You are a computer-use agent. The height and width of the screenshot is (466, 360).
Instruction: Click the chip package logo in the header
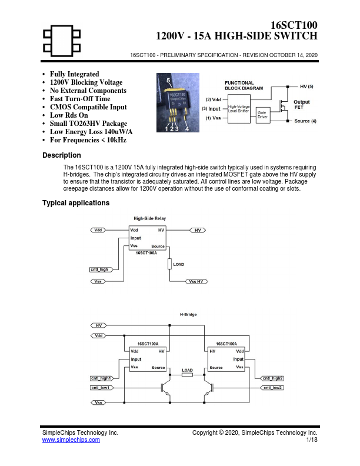pyautogui.click(x=62, y=41)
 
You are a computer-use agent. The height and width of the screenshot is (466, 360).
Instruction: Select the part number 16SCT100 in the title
pyautogui.click(x=294, y=25)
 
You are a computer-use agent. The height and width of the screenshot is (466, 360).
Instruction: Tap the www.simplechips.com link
pyautogui.click(x=71, y=440)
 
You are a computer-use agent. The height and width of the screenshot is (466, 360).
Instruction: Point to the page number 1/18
pyautogui.click(x=312, y=440)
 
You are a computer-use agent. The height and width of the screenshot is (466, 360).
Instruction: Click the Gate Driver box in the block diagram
pyautogui.click(x=263, y=115)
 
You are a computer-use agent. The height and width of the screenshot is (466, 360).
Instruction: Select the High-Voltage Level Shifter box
pyautogui.click(x=239, y=109)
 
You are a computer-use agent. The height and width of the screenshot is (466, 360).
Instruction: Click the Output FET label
pyautogui.click(x=302, y=105)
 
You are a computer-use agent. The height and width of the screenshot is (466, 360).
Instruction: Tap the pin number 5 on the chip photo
pyautogui.click(x=168, y=81)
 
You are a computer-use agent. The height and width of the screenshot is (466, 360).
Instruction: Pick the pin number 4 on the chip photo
pyautogui.click(x=187, y=129)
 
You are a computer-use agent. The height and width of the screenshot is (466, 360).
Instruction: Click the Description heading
pyautogui.click(x=62, y=155)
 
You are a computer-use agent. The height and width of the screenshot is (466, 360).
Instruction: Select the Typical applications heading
pyautogui.click(x=76, y=203)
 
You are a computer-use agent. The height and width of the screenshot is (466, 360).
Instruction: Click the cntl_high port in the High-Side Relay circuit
pyautogui.click(x=101, y=269)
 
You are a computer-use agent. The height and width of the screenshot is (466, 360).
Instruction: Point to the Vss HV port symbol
pyautogui.click(x=196, y=281)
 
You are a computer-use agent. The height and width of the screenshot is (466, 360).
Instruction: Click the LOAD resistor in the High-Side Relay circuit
pyautogui.click(x=169, y=264)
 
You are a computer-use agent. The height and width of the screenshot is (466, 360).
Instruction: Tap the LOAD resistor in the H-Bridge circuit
pyautogui.click(x=187, y=375)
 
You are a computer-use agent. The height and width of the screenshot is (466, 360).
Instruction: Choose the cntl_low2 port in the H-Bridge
pyautogui.click(x=272, y=388)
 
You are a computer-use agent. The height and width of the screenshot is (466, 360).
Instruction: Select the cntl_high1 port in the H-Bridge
pyautogui.click(x=102, y=378)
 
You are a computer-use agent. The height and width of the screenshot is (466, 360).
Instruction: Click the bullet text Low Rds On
pyautogui.click(x=69, y=115)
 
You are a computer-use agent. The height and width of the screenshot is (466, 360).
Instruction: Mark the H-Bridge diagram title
pyautogui.click(x=188, y=314)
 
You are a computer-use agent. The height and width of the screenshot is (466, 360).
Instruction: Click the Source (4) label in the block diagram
pyautogui.click(x=305, y=121)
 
